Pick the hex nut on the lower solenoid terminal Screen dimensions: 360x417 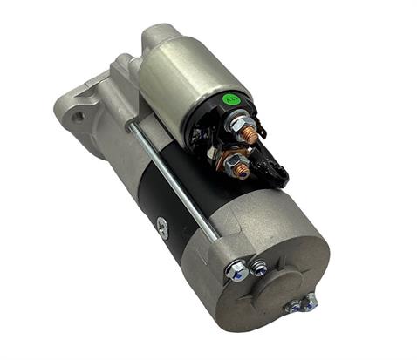[x=229, y=162]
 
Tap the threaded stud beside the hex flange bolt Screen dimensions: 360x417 [x=259, y=269]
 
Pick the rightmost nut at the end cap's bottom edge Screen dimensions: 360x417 [x=311, y=302]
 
